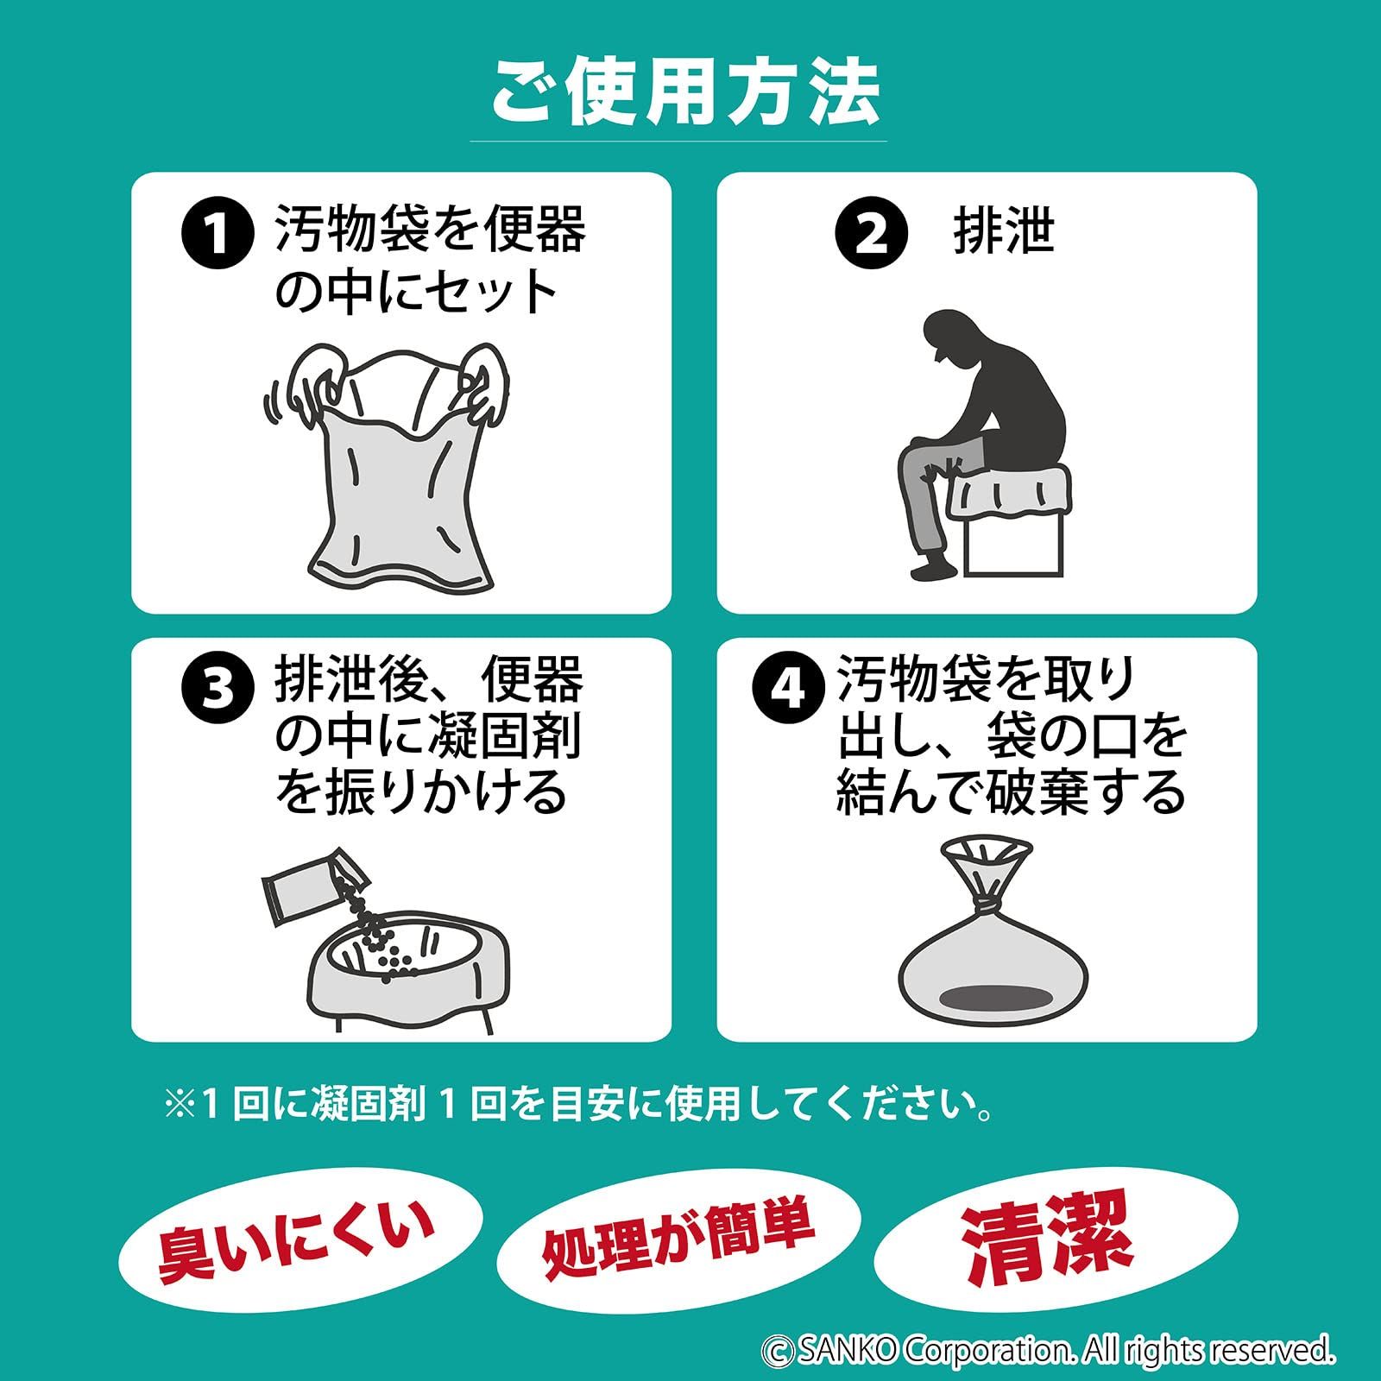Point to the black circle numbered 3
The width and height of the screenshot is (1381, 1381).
[218, 690]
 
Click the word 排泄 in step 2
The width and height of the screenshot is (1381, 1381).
[1004, 231]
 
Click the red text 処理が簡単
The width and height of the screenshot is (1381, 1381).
[678, 1238]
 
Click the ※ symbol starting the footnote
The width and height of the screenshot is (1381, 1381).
[181, 1106]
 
